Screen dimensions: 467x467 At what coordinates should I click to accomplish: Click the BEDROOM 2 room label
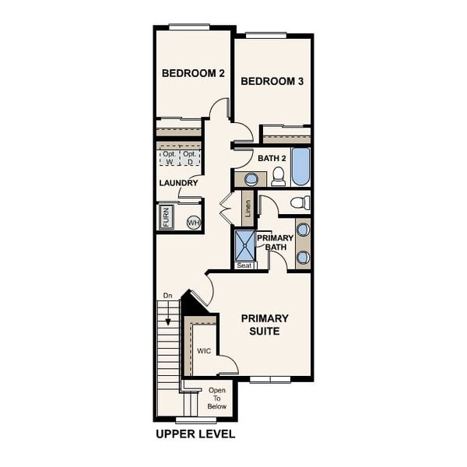point(193,73)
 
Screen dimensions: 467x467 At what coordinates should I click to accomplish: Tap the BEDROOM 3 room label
point(272,81)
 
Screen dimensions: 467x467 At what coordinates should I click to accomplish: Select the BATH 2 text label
point(272,158)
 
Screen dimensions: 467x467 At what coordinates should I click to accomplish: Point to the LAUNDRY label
point(178,184)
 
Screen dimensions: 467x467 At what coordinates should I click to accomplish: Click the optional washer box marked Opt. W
point(169,158)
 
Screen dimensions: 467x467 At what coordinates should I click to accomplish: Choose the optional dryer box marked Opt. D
point(190,158)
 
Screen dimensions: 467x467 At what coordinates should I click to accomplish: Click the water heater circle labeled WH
point(193,223)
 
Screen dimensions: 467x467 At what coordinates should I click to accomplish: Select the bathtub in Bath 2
point(300,166)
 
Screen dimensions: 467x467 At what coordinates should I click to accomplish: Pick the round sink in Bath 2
point(251,179)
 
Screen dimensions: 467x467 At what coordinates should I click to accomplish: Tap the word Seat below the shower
point(244,265)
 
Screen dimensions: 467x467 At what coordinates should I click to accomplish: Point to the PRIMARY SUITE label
point(265,325)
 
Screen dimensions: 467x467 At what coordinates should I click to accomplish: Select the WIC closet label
point(204,351)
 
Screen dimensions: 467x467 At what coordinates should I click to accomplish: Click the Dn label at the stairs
point(167,296)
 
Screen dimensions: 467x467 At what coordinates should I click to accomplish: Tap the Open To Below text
point(217,398)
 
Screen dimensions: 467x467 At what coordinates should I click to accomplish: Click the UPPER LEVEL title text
point(195,434)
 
